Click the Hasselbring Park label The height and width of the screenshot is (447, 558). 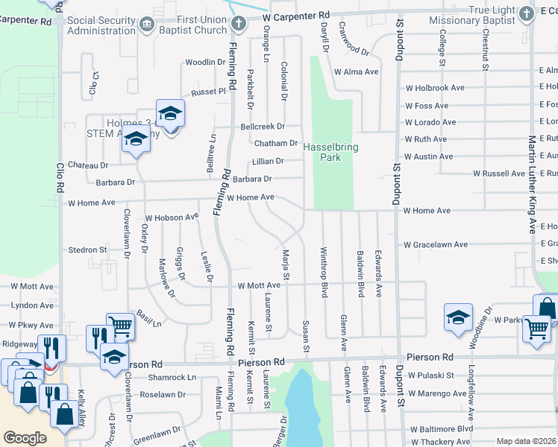click(x=330, y=153)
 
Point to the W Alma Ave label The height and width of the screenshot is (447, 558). click(x=357, y=72)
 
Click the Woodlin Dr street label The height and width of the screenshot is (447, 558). click(x=205, y=63)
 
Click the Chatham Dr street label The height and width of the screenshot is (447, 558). click(x=276, y=143)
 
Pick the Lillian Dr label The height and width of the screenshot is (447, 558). click(x=269, y=161)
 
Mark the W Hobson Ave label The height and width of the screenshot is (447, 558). click(x=172, y=218)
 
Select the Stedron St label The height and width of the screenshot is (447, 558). click(x=88, y=250)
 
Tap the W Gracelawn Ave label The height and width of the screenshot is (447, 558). click(x=436, y=244)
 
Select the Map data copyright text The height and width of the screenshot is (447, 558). click(x=526, y=441)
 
